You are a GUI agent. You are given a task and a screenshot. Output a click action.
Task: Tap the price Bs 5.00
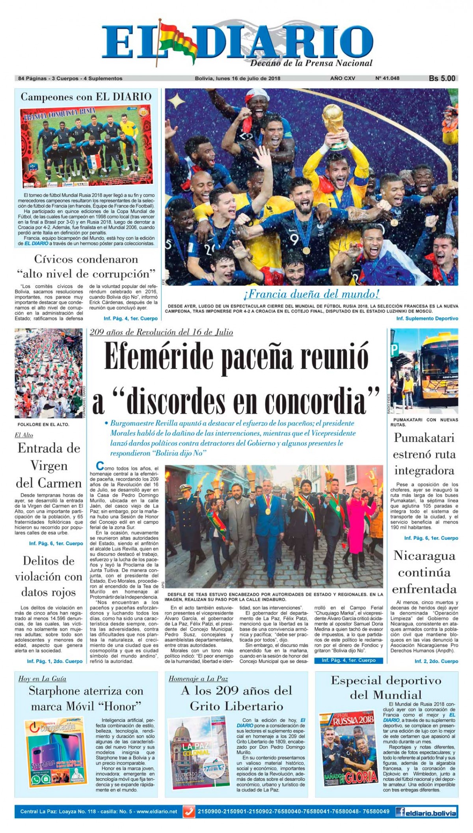point(442,78)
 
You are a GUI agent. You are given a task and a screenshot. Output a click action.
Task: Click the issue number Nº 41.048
point(387,78)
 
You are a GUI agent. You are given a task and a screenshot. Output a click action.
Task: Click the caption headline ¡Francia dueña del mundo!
point(311,294)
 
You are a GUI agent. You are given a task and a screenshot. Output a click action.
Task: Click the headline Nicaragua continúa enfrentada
point(424,572)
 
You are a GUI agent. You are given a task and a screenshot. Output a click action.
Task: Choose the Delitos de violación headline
point(48,576)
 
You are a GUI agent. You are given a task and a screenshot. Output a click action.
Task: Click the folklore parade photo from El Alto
point(48,373)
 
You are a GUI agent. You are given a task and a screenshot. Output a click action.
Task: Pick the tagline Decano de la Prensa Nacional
point(311,63)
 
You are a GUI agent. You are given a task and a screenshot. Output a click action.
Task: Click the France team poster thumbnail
point(87,146)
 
